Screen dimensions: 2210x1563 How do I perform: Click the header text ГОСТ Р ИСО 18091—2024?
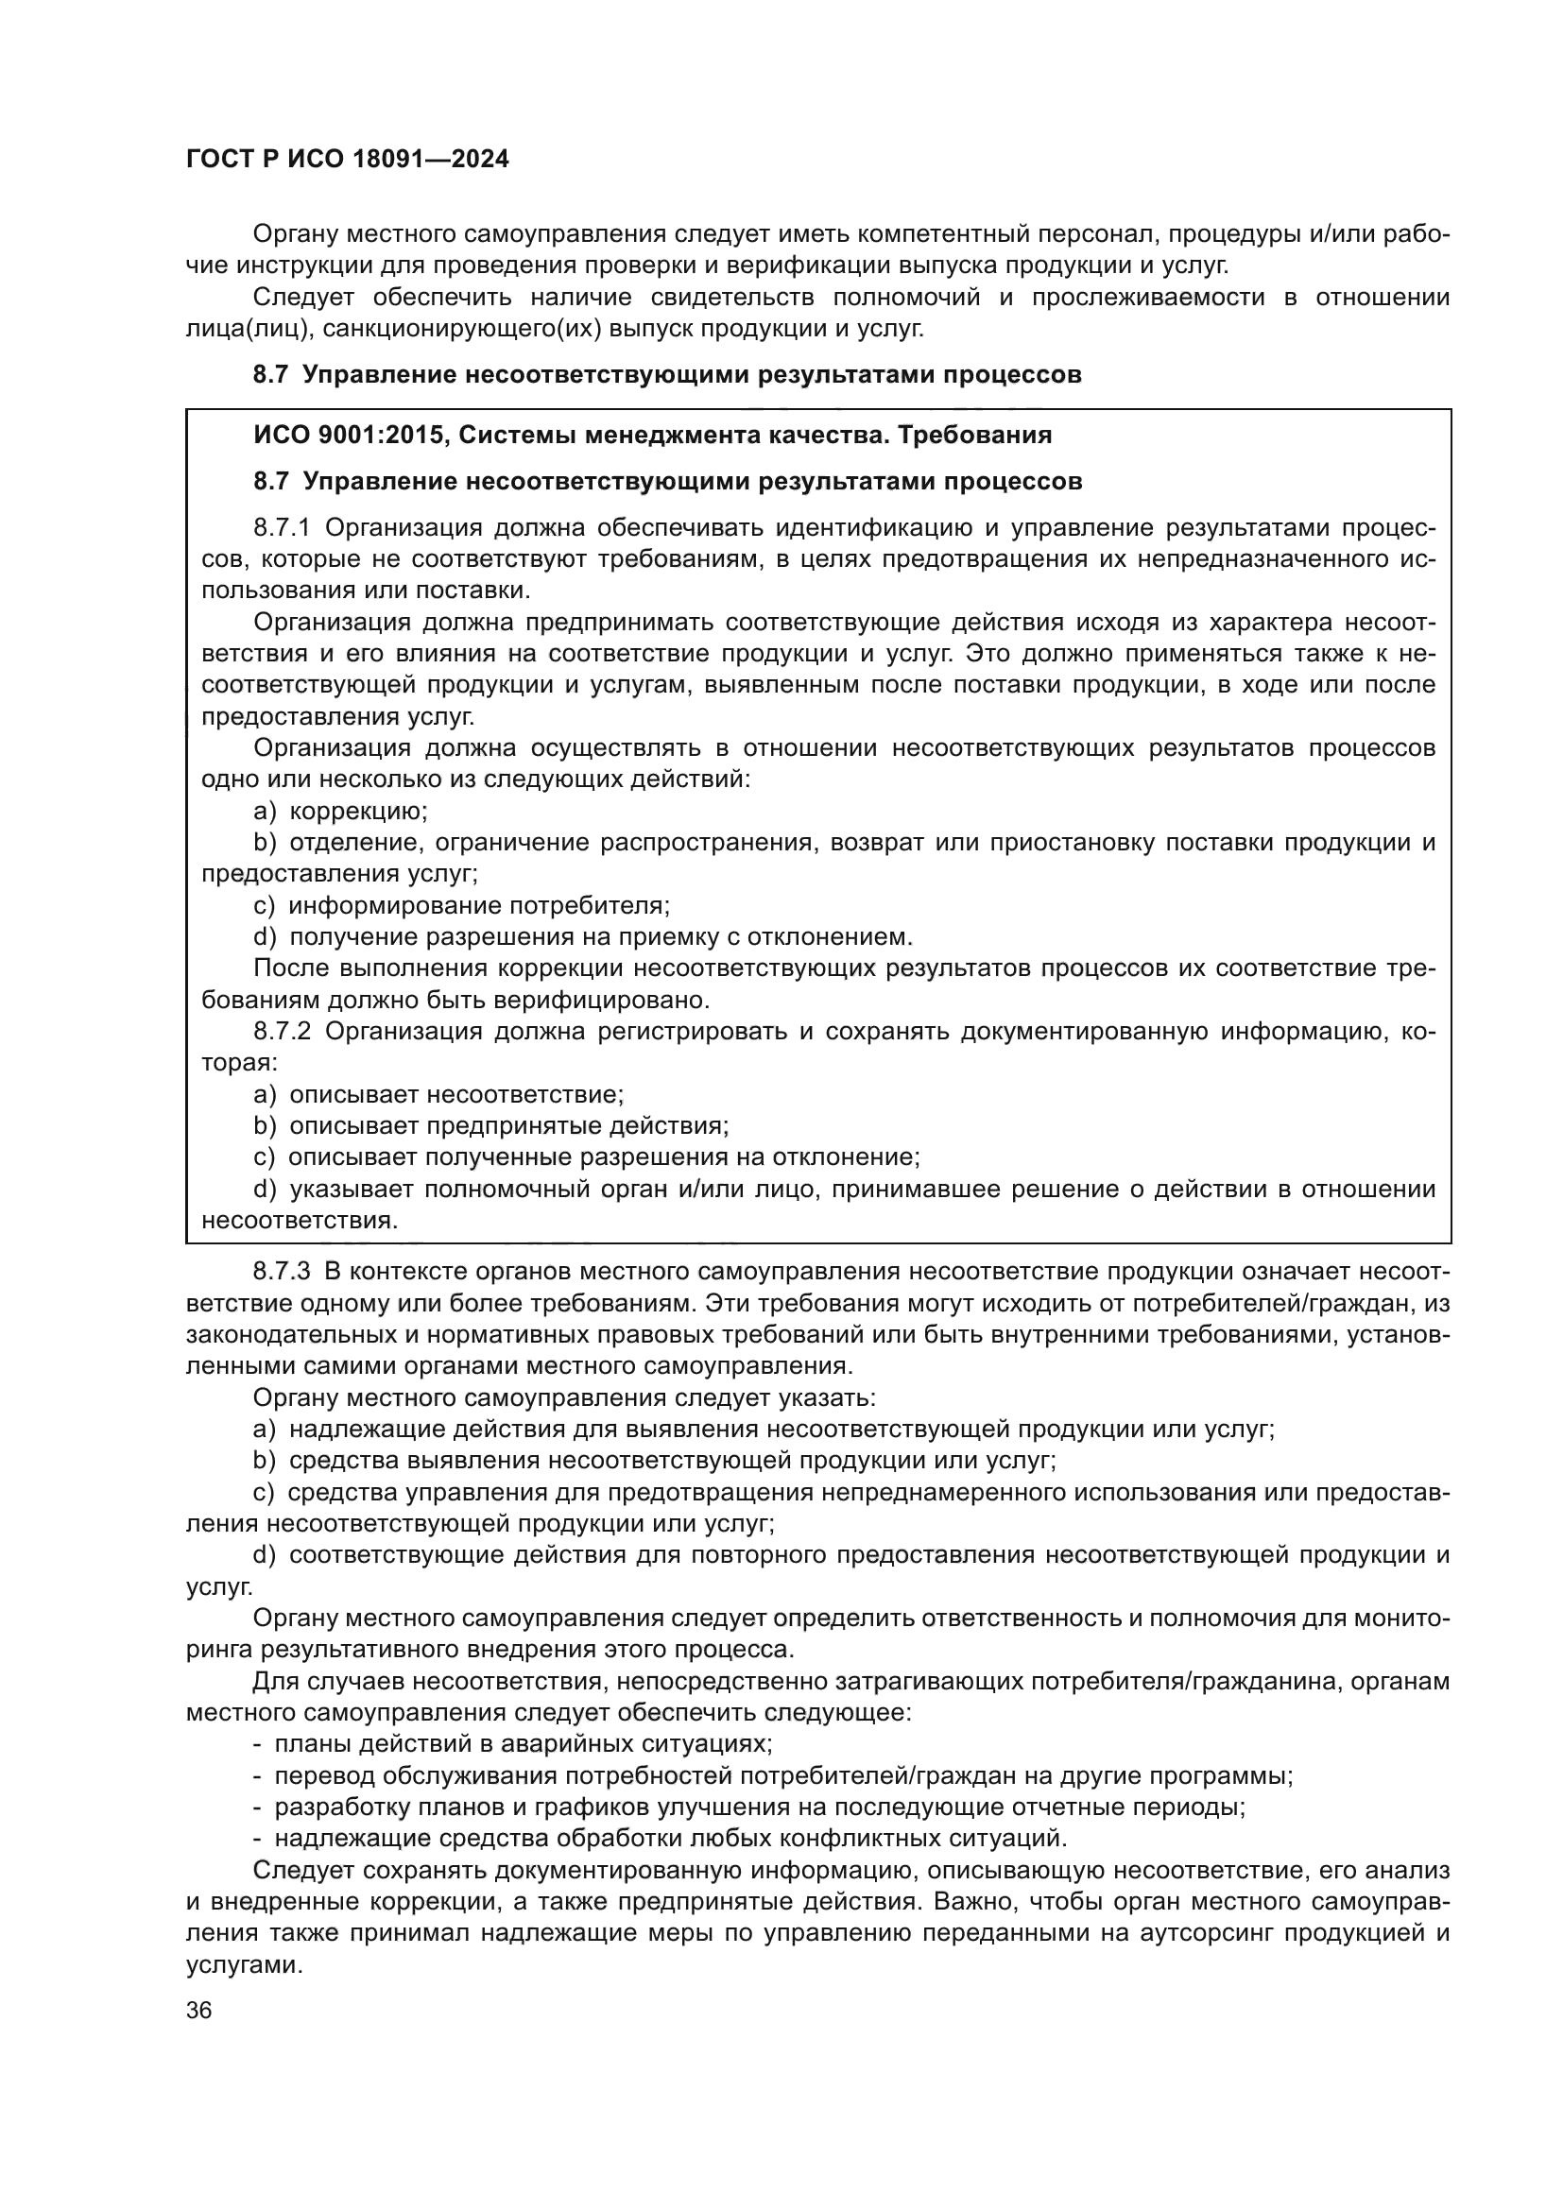(348, 160)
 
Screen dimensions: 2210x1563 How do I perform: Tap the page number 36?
(199, 2010)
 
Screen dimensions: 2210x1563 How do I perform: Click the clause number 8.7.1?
(282, 527)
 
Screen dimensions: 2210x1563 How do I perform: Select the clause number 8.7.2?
(282, 1031)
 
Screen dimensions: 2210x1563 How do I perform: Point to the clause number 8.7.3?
(281, 1272)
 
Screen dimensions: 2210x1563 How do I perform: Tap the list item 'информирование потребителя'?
(478, 905)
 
